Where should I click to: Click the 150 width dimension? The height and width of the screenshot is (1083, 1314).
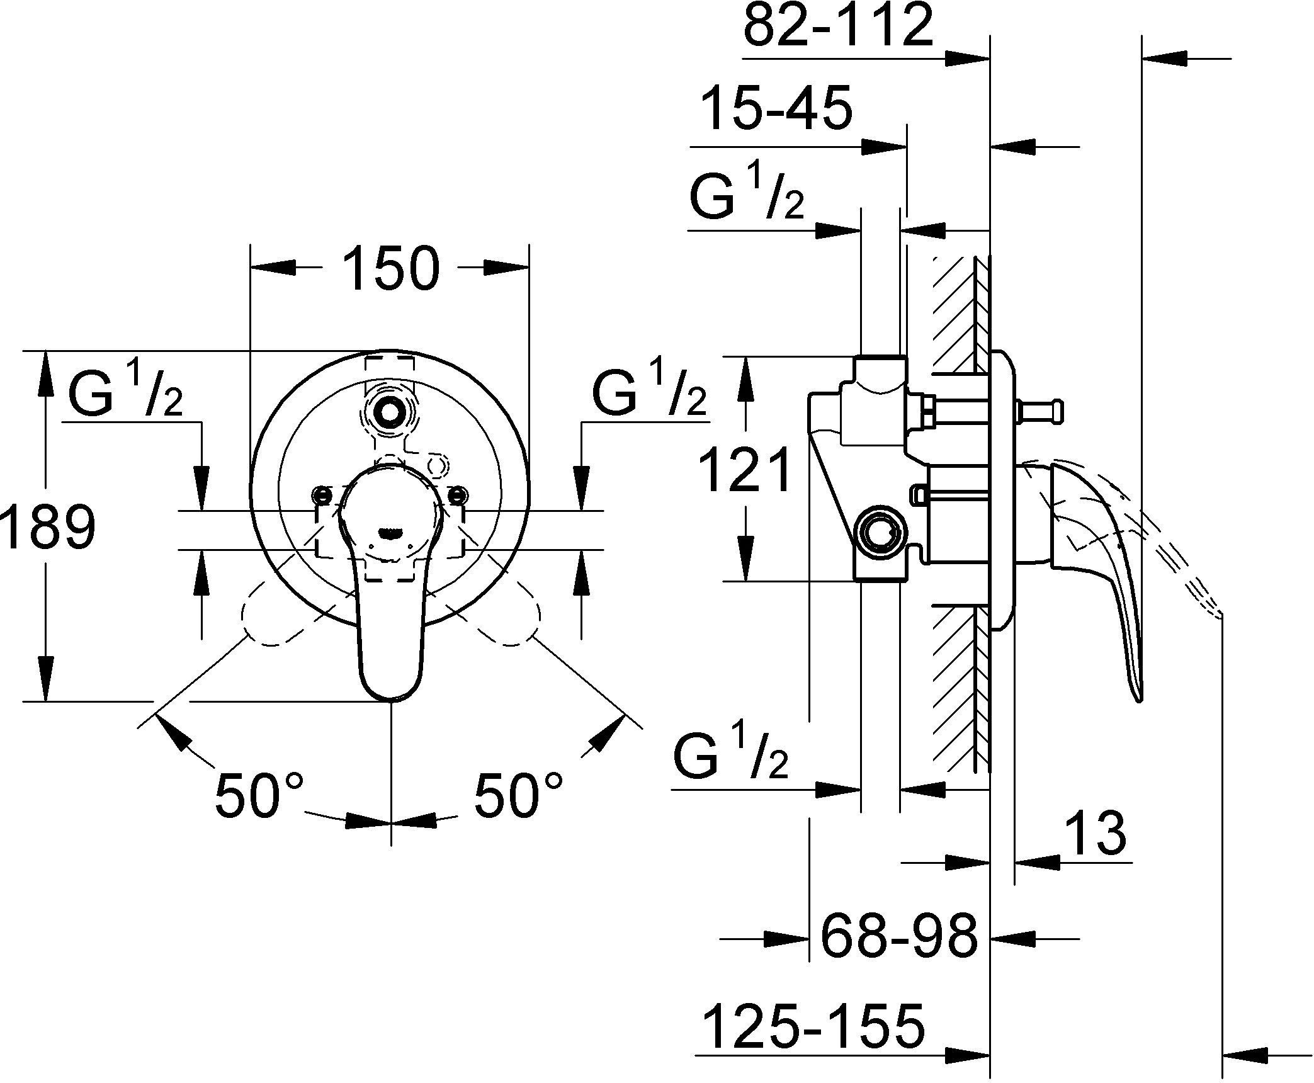390,269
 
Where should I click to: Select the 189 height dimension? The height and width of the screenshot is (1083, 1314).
48,527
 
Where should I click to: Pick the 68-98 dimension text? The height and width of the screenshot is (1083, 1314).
899,936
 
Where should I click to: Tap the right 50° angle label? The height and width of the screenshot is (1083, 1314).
518,795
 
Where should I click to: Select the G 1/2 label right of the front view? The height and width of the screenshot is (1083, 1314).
649,394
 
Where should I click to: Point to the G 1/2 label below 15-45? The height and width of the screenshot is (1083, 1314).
747,196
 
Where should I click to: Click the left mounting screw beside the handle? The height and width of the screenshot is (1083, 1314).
322,494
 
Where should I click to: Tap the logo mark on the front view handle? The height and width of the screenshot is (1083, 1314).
390,534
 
